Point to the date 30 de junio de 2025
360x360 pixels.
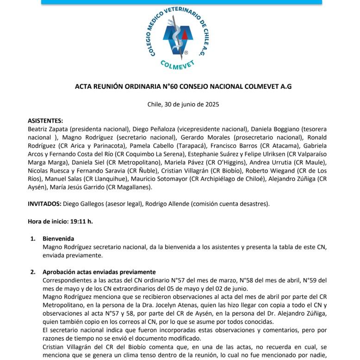(189, 104)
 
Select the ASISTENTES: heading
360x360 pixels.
(45, 120)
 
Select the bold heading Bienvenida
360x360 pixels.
(58, 239)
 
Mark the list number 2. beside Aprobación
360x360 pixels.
(33, 272)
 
